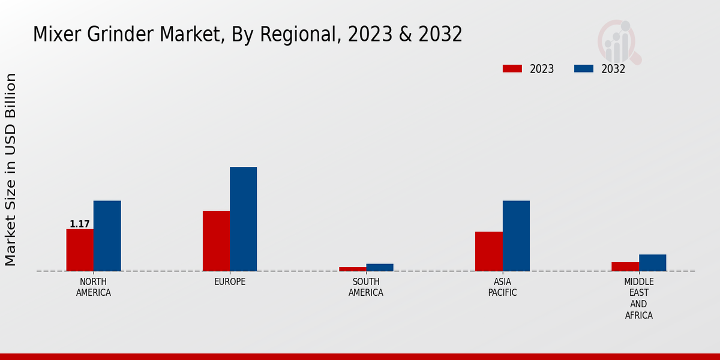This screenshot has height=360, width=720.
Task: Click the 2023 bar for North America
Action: click(80, 250)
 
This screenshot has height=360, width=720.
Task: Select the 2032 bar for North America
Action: click(107, 236)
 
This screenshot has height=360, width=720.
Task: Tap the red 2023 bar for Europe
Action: click(216, 241)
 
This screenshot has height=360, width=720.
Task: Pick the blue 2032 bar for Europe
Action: click(244, 219)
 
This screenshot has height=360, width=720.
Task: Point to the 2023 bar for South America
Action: click(352, 269)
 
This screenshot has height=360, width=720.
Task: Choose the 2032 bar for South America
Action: click(380, 268)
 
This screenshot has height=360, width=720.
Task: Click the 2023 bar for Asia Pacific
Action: click(489, 251)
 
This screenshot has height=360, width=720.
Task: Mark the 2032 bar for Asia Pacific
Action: click(516, 236)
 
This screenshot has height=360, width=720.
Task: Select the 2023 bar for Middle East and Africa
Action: click(625, 266)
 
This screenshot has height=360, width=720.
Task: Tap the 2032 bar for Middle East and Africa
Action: click(652, 263)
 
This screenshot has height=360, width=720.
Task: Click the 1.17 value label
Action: click(80, 224)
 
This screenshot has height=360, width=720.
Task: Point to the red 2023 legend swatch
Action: click(512, 69)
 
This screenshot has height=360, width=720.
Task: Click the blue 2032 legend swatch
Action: click(584, 69)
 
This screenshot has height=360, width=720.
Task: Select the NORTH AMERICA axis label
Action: click(94, 287)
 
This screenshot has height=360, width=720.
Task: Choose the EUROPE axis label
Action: click(230, 282)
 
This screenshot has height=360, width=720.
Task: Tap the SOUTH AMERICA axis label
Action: click(366, 287)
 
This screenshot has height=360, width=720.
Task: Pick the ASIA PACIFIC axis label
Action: click(503, 287)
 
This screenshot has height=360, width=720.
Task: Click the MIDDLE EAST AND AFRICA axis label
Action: click(639, 298)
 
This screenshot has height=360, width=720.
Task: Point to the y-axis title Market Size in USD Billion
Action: click(11, 169)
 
